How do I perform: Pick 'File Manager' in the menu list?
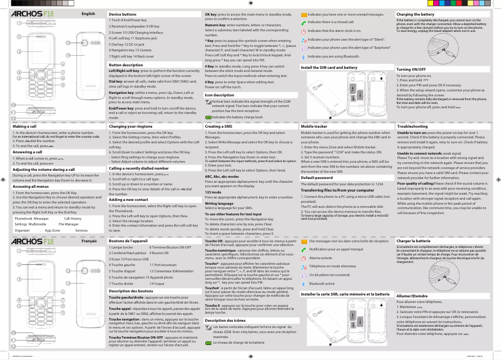(69, 224)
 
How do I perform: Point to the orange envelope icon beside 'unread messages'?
(304, 13)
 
